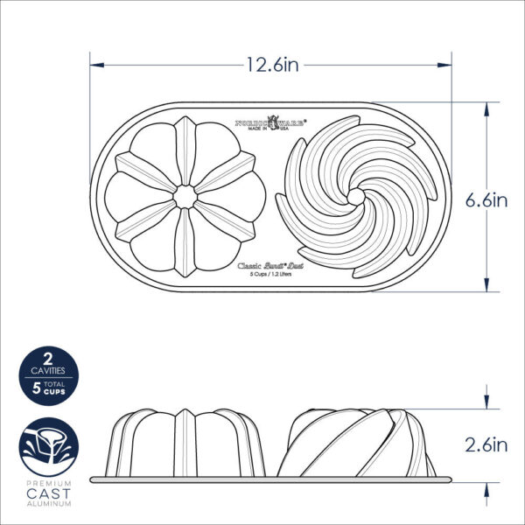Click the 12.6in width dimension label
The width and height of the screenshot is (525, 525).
click(x=271, y=65)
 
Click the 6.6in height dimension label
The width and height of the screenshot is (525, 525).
click(x=487, y=199)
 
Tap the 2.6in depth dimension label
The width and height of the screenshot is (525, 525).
click(x=487, y=445)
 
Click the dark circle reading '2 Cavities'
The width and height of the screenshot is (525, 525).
click(x=44, y=375)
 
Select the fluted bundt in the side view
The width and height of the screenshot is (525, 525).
click(x=185, y=443)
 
